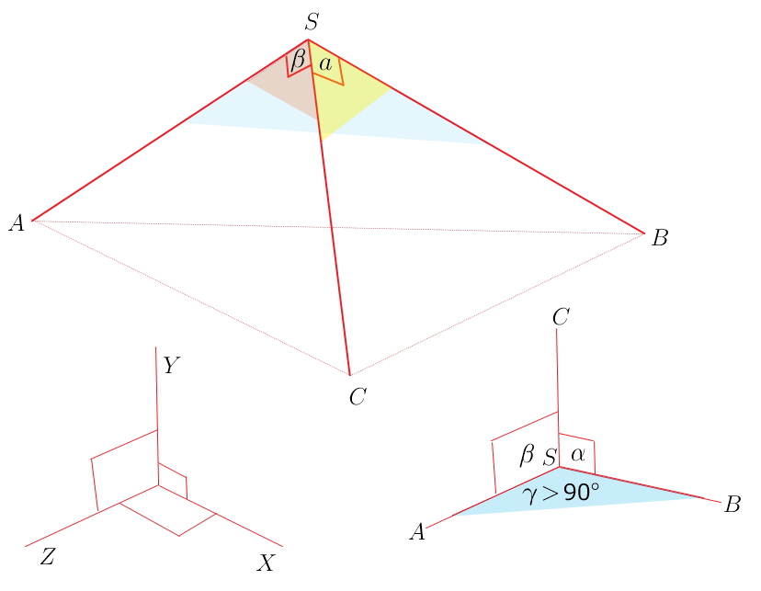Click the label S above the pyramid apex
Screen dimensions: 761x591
coord(312,22)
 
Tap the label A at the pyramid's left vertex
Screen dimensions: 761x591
coord(17,223)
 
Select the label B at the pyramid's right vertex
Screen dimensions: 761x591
coord(660,238)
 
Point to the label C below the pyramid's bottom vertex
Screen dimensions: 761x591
coord(358,397)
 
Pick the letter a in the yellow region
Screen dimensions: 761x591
coord(325,64)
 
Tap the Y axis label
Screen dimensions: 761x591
coord(171,366)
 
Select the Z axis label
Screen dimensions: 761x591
coord(48,557)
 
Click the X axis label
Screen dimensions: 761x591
coord(266,563)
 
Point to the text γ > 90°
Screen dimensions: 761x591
coord(561,493)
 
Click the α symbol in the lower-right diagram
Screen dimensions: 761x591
coord(578,455)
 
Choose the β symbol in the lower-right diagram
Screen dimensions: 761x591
coord(527,455)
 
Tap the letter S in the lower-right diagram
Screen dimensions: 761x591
coord(549,458)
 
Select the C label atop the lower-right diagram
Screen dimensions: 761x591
coord(561,317)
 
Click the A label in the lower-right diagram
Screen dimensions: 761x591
coord(417,532)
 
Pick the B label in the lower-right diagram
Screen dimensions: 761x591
coord(733,505)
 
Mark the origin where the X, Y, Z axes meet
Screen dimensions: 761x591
coord(158,484)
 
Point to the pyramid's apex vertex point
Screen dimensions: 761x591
coord(308,40)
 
